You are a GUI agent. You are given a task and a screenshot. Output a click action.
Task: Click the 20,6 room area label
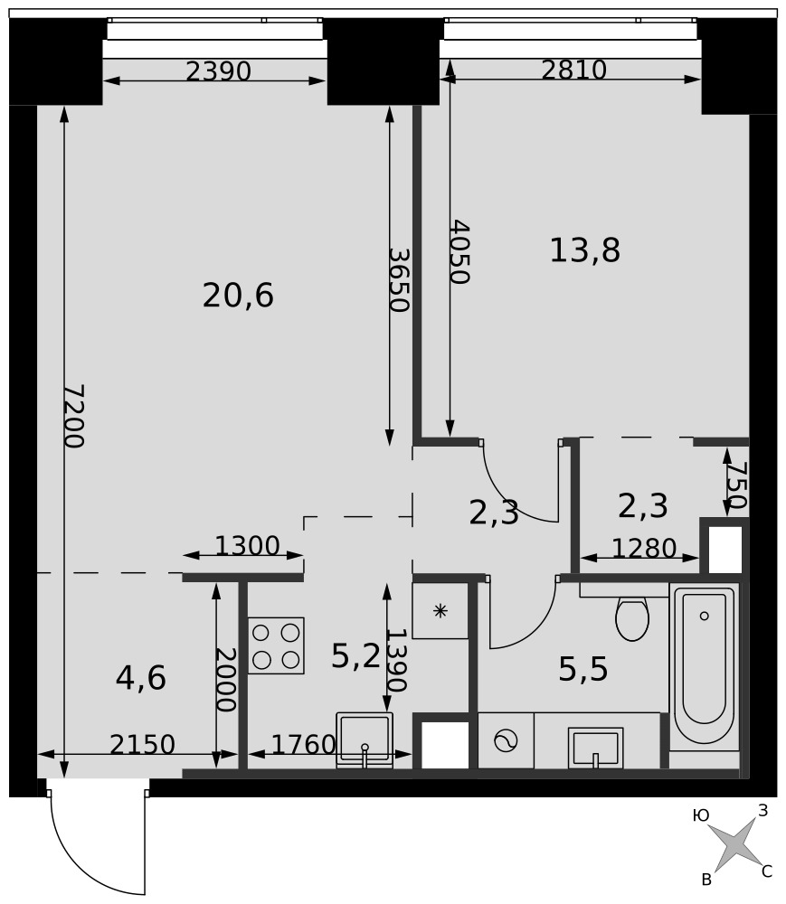click(238, 296)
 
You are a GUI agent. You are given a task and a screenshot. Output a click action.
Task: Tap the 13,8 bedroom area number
click(584, 250)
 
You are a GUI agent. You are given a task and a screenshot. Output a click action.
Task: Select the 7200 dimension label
click(74, 416)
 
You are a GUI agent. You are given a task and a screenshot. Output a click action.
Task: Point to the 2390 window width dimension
click(219, 71)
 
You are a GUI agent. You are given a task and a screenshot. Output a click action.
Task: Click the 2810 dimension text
click(573, 71)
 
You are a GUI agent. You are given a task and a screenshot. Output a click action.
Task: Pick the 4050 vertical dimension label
click(459, 251)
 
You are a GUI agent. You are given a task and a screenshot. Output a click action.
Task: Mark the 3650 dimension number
click(399, 279)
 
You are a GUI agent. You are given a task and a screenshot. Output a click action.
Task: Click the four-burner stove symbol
click(276, 645)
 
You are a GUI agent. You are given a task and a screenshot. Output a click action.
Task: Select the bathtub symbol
click(704, 666)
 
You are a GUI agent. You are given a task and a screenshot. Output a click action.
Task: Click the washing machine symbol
click(506, 741)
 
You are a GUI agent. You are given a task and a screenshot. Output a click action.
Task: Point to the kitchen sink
click(365, 740)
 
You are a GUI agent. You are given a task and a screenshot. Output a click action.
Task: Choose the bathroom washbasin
click(596, 748)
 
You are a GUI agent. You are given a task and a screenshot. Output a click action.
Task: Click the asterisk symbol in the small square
click(440, 611)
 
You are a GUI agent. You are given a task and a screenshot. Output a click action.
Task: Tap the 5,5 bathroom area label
click(583, 669)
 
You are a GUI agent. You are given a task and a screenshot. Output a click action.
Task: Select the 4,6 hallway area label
click(141, 678)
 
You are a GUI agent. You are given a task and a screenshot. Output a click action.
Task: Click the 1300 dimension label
click(247, 545)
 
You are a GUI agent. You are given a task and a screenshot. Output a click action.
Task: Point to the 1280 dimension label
click(644, 549)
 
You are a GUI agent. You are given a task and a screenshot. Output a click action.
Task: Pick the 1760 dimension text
click(303, 744)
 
